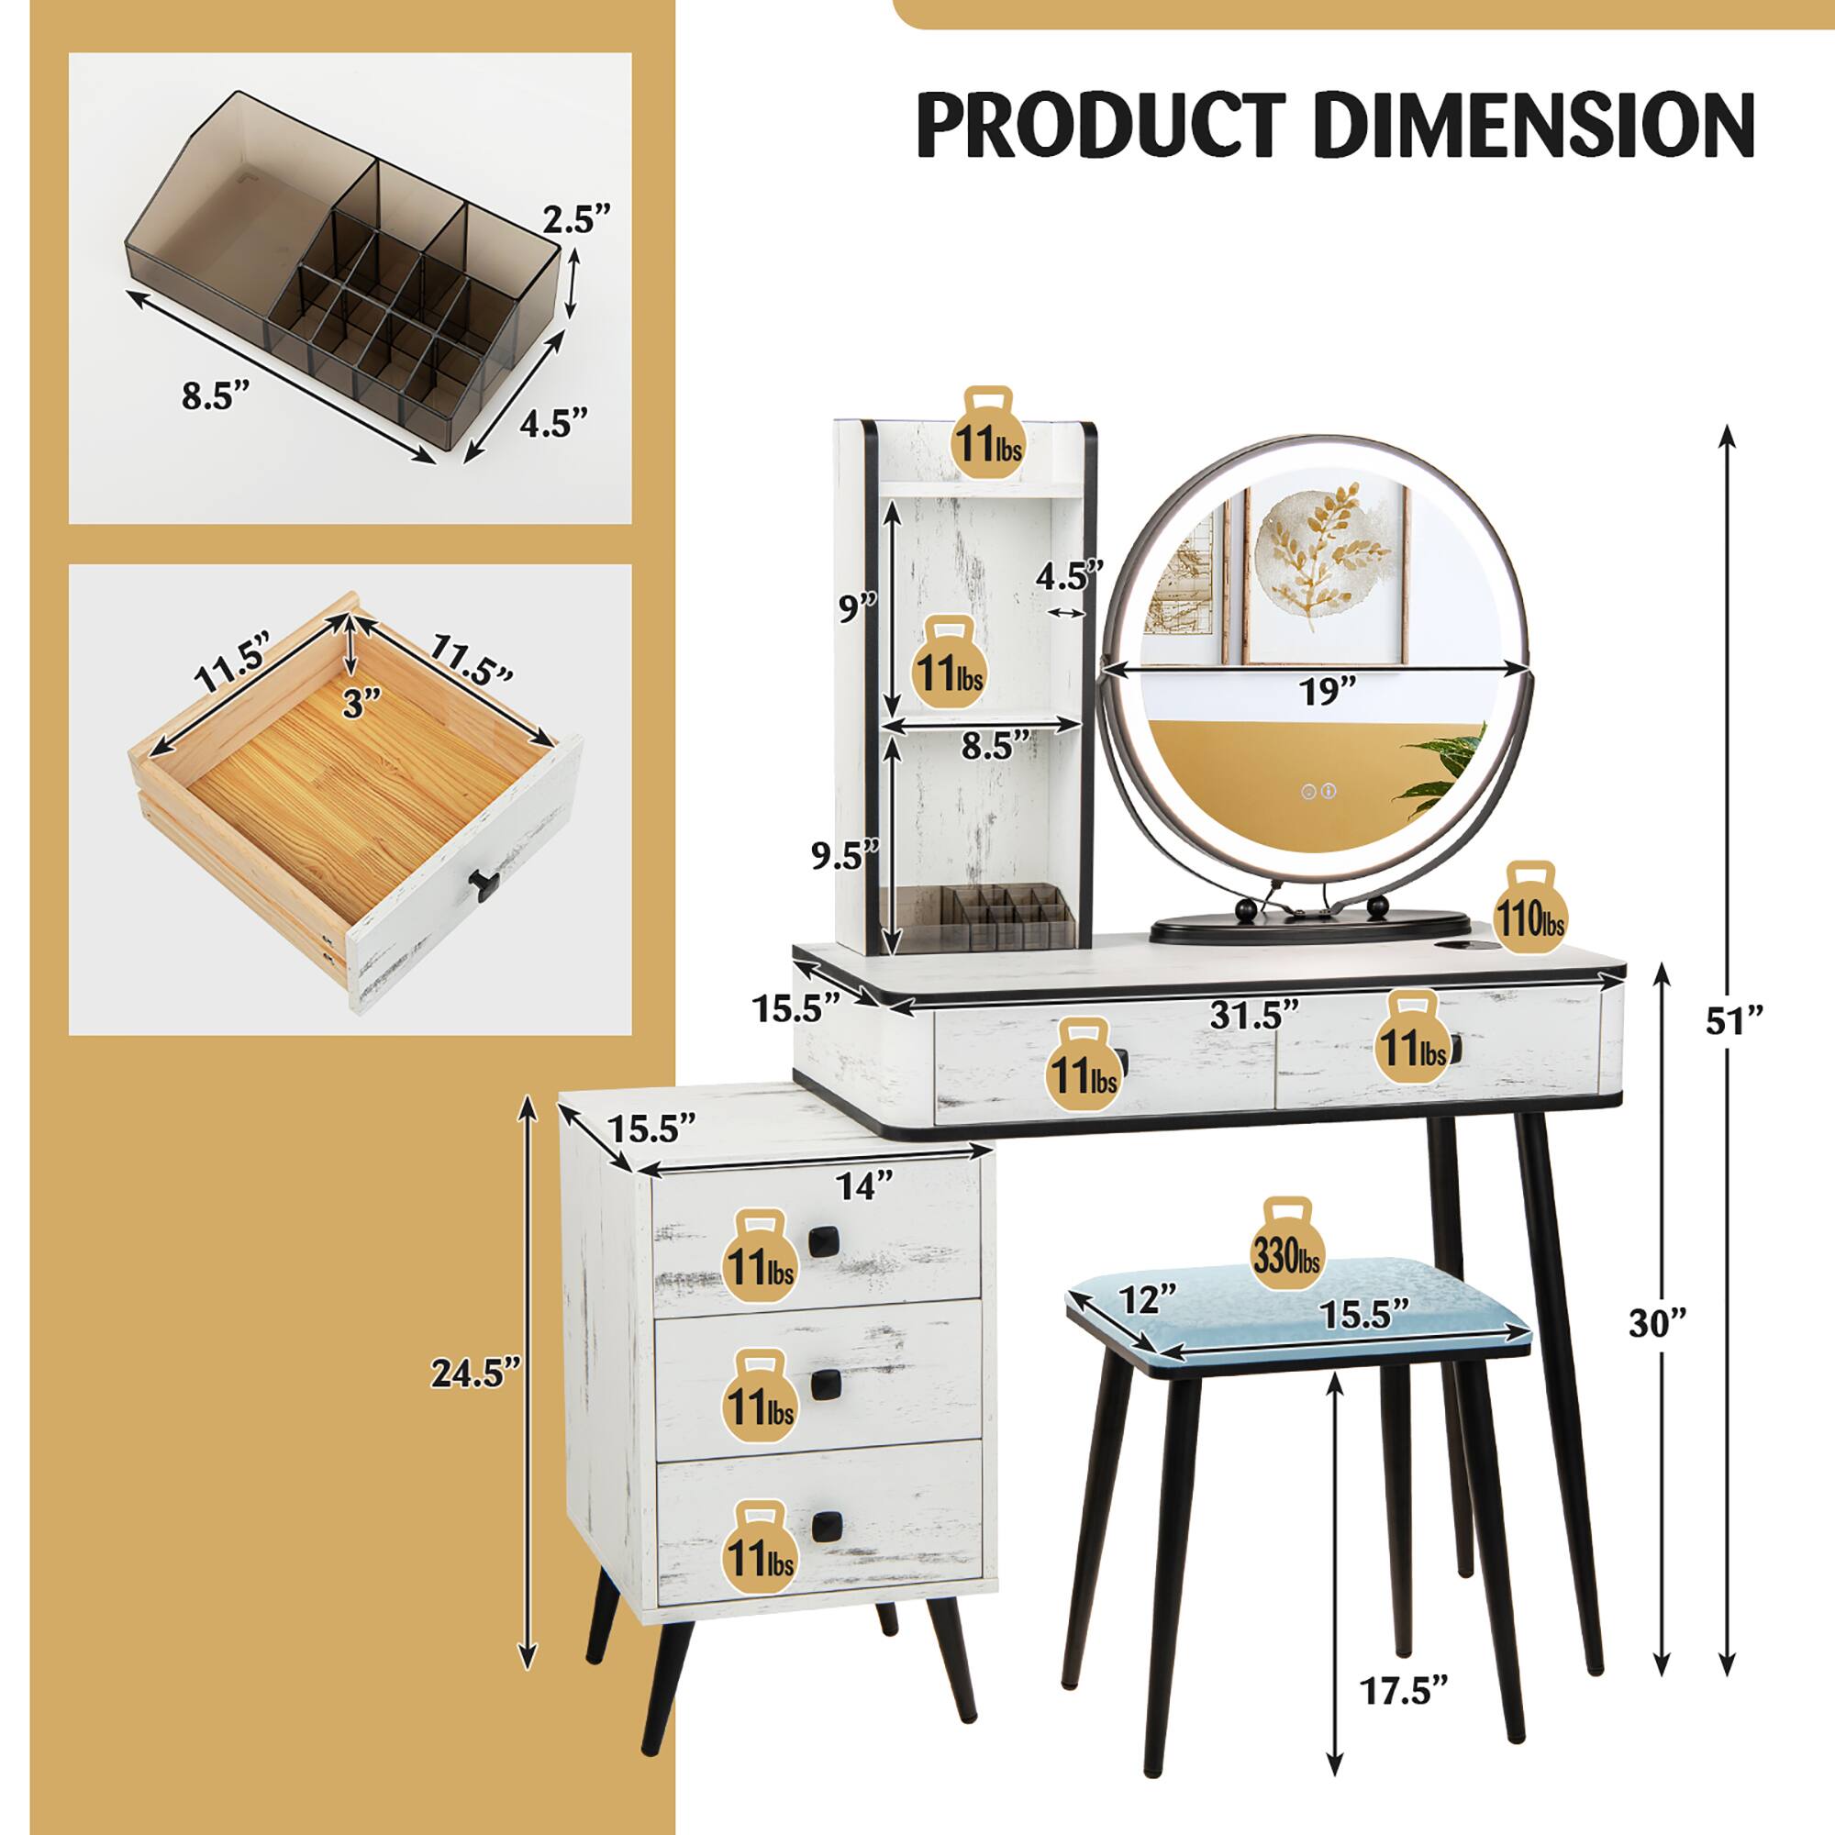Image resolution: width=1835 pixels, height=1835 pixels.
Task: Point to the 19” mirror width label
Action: click(x=1327, y=693)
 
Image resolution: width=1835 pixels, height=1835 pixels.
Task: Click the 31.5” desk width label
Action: click(x=1253, y=1016)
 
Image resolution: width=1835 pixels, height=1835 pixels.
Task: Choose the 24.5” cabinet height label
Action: click(x=476, y=1373)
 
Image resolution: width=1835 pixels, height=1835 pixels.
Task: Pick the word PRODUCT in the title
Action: click(x=1102, y=126)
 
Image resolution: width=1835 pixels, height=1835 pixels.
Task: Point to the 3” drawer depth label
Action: click(x=362, y=704)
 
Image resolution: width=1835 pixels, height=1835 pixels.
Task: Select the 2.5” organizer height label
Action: click(x=576, y=220)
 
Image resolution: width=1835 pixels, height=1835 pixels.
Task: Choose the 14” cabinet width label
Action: click(x=864, y=1184)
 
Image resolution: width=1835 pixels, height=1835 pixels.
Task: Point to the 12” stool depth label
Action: click(x=1149, y=1298)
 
